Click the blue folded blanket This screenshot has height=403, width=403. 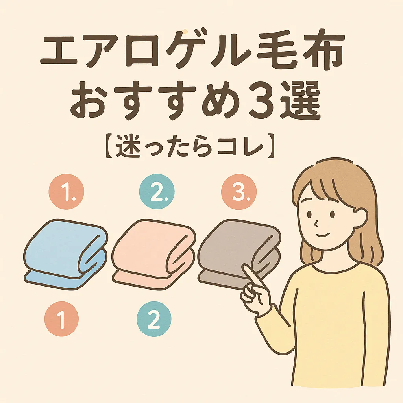(66, 255)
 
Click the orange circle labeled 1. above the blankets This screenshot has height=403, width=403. (67, 192)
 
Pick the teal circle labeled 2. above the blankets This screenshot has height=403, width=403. (157, 192)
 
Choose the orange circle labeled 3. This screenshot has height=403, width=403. (239, 192)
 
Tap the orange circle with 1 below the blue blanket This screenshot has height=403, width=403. (61, 319)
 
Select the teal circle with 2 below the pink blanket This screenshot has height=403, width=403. (154, 319)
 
